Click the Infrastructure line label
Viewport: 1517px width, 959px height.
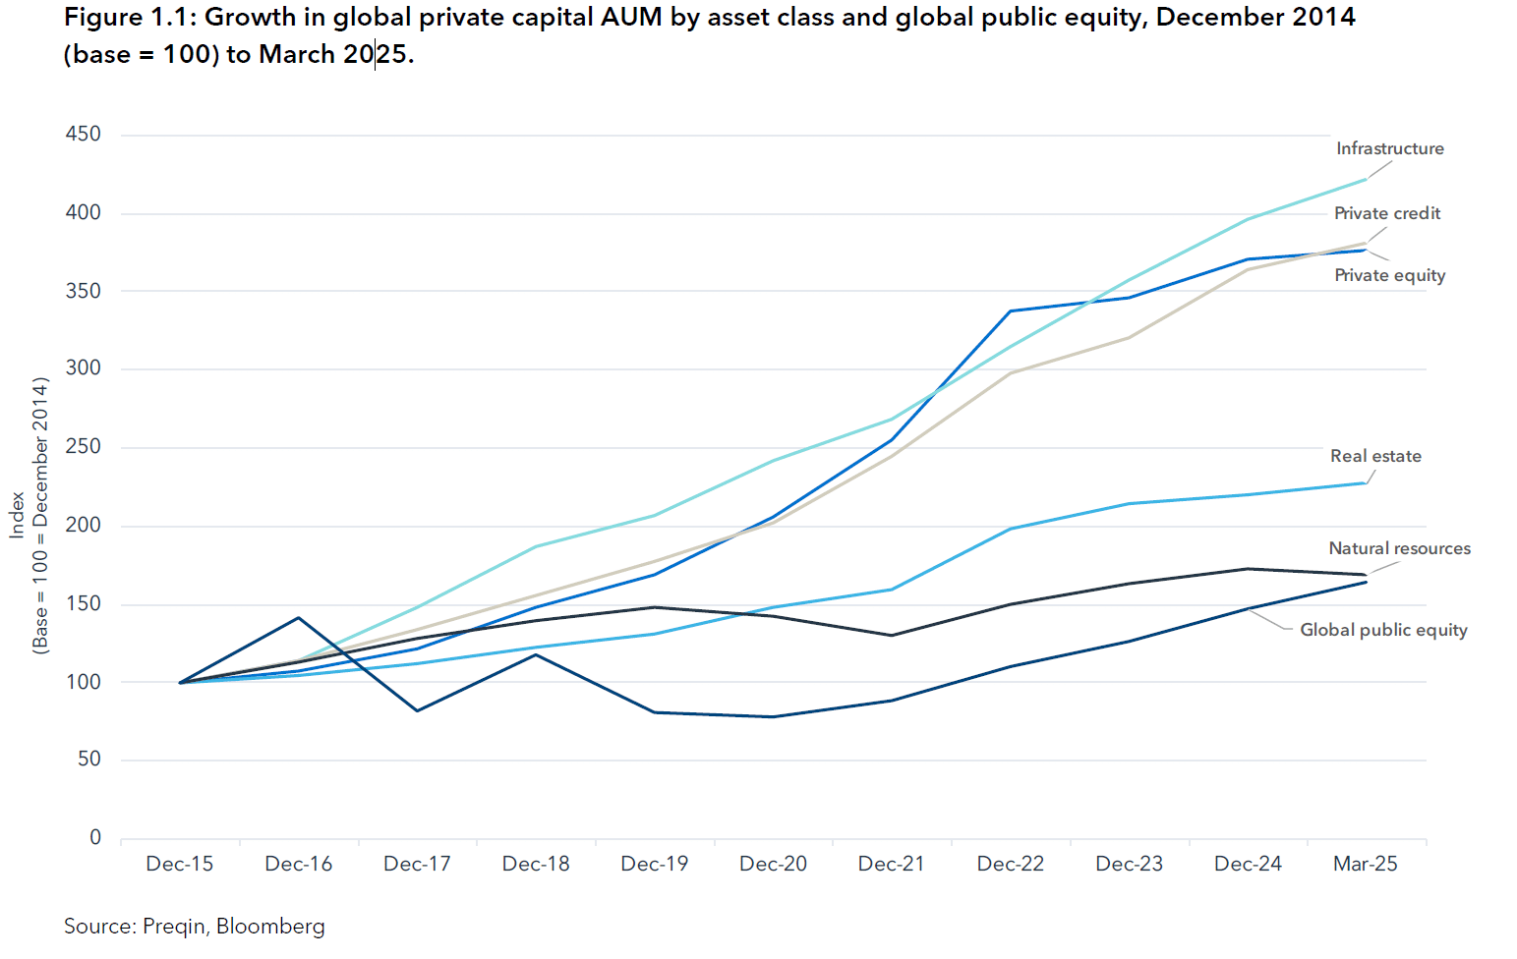point(1389,148)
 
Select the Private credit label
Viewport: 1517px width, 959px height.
point(1386,213)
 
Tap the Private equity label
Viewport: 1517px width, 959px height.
point(1389,275)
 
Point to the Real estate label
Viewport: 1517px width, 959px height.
point(1375,456)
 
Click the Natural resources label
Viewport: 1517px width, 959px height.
point(1399,548)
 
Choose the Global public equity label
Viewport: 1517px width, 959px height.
point(1383,630)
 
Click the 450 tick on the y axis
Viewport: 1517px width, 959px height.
point(83,135)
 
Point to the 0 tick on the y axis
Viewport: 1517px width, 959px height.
point(95,837)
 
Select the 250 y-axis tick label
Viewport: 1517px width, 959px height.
point(83,447)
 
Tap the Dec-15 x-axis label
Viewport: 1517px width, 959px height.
point(179,864)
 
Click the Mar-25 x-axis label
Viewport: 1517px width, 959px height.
point(1365,864)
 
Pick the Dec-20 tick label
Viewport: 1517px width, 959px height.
point(773,864)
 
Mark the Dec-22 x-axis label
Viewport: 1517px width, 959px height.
point(1010,864)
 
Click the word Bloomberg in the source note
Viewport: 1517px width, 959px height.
point(270,927)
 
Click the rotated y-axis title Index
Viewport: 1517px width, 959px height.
point(17,515)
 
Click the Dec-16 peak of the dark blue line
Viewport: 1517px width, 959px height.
point(298,618)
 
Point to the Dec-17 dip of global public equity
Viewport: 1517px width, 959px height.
point(417,710)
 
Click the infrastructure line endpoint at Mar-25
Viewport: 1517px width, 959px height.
point(1366,179)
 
